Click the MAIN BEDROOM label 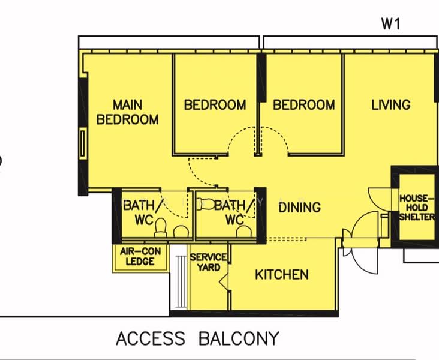(127, 112)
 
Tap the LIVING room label (391, 105)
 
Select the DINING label (300, 208)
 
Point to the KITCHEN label (282, 275)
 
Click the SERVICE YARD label (208, 262)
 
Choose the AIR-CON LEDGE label (140, 256)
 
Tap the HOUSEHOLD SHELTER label (417, 208)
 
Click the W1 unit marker (391, 24)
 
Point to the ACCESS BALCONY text (198, 338)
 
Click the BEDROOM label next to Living (304, 105)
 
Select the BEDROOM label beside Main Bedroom (215, 105)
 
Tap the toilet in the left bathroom (161, 227)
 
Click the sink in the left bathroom (181, 232)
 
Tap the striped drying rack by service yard (181, 282)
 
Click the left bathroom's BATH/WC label (142, 212)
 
